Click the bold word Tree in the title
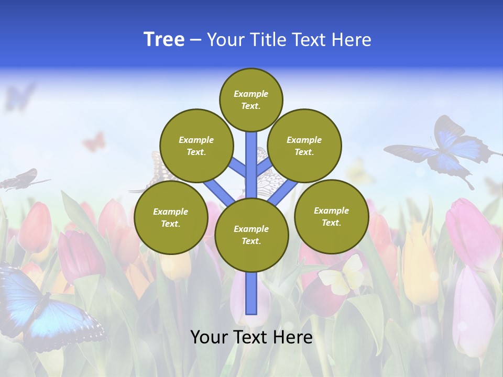coord(164,40)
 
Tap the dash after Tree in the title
coord(195,40)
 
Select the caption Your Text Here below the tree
coord(251,337)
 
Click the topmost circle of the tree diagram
coord(251,99)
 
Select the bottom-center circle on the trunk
coord(251,235)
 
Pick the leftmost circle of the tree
coord(171,218)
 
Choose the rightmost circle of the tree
coord(331,217)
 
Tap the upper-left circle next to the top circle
coord(196,146)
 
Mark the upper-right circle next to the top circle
coord(304,146)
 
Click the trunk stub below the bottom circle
coord(251,293)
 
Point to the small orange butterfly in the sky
coord(94,141)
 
